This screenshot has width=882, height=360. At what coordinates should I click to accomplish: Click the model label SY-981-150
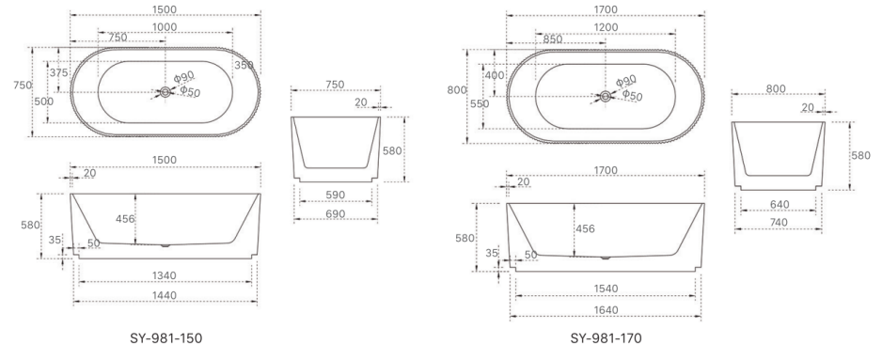(x=166, y=337)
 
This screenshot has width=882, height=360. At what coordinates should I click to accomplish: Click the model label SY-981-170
(x=604, y=337)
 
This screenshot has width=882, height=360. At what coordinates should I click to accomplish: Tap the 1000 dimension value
(x=166, y=28)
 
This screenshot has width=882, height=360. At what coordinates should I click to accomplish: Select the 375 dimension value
(x=59, y=72)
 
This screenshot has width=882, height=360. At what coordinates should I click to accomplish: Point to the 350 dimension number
(x=244, y=65)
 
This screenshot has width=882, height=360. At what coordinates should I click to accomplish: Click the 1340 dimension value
(x=165, y=274)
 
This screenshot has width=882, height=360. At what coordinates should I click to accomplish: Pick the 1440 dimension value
(x=165, y=294)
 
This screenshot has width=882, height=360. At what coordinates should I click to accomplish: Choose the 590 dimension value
(x=335, y=195)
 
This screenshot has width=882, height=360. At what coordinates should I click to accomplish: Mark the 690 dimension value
(x=335, y=214)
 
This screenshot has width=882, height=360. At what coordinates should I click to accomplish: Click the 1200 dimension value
(x=605, y=28)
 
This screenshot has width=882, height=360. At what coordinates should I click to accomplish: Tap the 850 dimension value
(x=553, y=39)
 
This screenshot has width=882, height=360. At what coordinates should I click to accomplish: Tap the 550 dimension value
(x=479, y=104)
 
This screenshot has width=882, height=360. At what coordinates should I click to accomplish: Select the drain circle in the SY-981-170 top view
(x=606, y=96)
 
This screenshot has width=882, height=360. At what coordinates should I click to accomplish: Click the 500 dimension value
(x=43, y=101)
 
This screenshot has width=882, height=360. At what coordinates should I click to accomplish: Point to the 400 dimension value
(x=494, y=75)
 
